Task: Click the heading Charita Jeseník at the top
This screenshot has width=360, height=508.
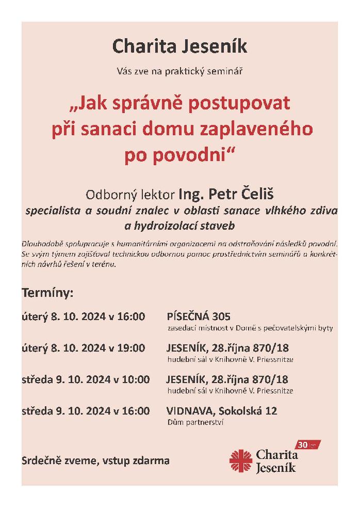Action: pos(179,47)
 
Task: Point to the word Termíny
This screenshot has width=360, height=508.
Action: pos(47,293)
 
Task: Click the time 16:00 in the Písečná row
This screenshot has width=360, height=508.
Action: pos(132,316)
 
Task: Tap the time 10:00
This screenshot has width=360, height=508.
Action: pos(136,379)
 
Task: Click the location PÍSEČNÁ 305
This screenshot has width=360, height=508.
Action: pos(198,316)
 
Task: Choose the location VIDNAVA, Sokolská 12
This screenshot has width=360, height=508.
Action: pos(222,411)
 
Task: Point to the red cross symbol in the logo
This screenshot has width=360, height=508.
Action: pos(240,459)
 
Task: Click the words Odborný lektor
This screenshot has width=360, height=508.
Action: pos(131,196)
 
